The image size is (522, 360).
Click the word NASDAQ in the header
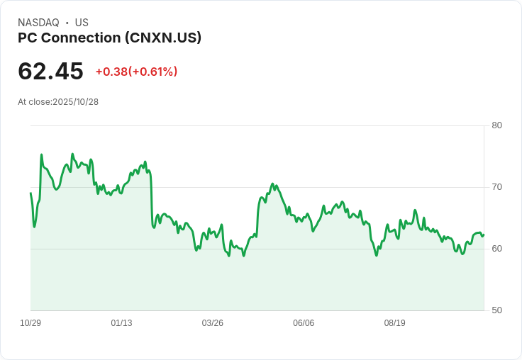tap(38, 23)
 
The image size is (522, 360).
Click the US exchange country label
tap(82, 23)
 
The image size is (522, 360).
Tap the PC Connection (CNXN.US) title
tap(109, 38)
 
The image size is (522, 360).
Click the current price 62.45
tap(50, 72)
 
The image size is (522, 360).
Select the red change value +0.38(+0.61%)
tap(136, 72)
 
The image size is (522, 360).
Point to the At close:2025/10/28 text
tap(58, 102)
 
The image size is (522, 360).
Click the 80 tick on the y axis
tap(496, 125)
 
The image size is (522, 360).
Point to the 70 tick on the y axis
tap(496, 187)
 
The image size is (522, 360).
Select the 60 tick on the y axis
tap(496, 249)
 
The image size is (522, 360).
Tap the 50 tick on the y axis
tap(496, 310)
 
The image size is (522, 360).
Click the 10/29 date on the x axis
tap(30, 323)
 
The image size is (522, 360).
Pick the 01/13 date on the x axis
tap(121, 323)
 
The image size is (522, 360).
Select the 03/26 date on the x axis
tap(212, 323)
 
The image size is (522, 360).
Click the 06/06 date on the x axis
tap(304, 323)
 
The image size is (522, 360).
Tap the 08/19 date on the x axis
tap(394, 323)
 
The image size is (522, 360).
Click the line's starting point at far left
tap(30, 193)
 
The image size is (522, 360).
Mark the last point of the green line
tap(484, 235)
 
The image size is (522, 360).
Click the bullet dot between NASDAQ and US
tap(67, 23)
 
